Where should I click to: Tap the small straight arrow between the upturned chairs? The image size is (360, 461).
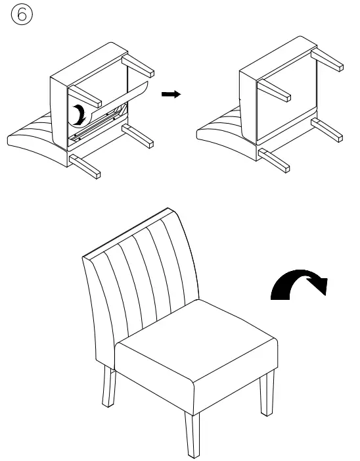click(x=171, y=95)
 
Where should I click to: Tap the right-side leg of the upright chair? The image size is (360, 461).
click(x=267, y=394)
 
